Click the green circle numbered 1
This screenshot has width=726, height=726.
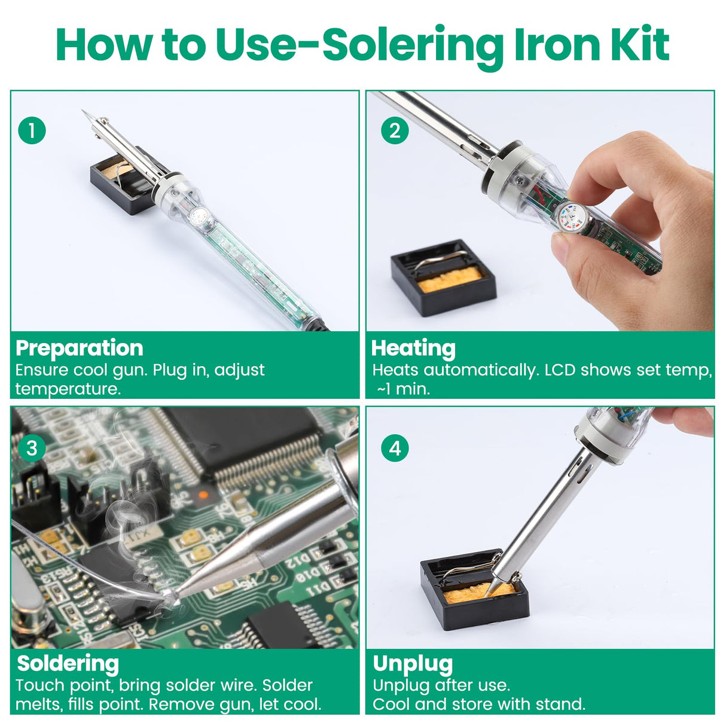tap(32, 130)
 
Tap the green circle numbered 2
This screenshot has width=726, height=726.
tap(395, 130)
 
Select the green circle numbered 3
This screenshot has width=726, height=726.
tap(32, 448)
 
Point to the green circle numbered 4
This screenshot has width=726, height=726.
tap(395, 448)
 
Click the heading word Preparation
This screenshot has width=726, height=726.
tap(79, 348)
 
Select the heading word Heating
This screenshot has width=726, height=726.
tap(413, 348)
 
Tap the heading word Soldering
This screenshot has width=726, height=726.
tap(68, 664)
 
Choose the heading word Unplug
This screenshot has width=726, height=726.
tap(413, 664)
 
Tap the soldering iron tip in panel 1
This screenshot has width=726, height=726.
tap(86, 115)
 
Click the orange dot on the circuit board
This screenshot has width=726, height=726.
tap(204, 495)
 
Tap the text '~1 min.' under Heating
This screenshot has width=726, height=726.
tap(404, 389)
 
